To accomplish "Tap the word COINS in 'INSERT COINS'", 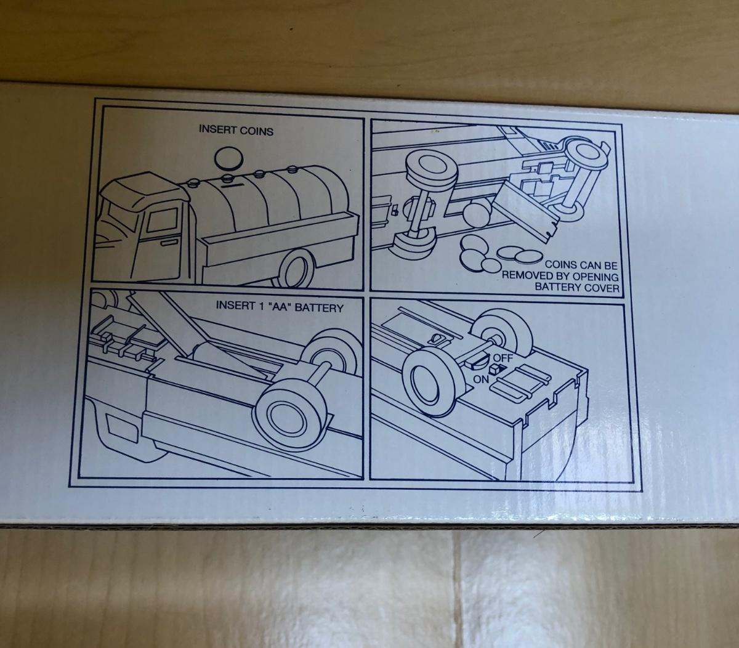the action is [255, 131].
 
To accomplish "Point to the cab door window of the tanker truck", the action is [161, 221].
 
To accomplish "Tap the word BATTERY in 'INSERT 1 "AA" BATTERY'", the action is [319, 308].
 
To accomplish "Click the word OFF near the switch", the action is [503, 358].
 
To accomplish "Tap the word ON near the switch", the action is [481, 379].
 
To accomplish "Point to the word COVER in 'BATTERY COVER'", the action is [602, 288].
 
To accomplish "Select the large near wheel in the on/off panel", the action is [434, 382].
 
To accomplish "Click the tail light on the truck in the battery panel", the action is [116, 425].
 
